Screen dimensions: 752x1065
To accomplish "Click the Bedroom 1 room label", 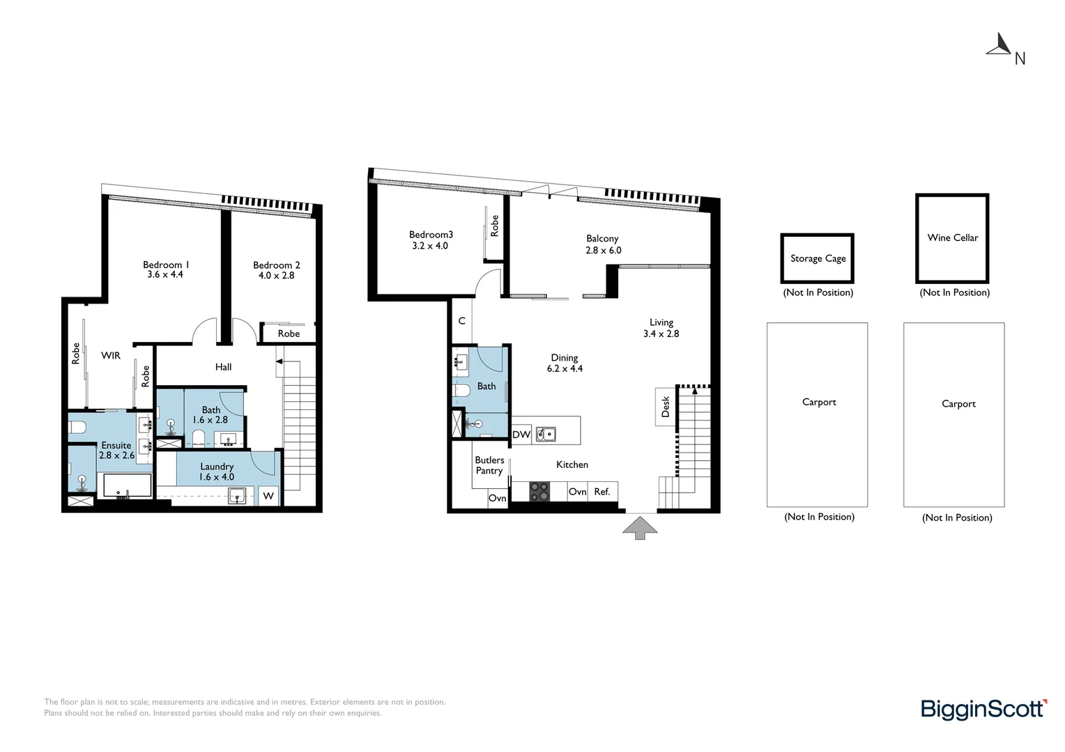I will [166, 265].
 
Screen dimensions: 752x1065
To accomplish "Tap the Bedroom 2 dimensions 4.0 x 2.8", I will [277, 276].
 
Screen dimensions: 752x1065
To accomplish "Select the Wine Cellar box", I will [952, 238].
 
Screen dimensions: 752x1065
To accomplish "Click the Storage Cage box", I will [818, 258].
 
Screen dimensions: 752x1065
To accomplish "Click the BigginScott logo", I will [983, 710].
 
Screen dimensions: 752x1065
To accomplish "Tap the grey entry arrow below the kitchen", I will [640, 527].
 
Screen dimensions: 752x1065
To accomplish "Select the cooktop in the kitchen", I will [539, 492].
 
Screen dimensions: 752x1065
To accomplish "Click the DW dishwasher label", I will [521, 434].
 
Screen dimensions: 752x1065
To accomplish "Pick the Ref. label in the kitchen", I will [602, 492].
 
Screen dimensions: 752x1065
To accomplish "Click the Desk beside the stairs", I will [665, 407].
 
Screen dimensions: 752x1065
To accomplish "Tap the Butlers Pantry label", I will [489, 465].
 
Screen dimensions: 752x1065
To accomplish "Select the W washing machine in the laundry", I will [268, 496].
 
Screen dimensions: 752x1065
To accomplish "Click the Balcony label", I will [602, 239].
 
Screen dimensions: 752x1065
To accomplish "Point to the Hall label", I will [223, 367].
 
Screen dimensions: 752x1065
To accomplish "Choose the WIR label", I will [111, 356].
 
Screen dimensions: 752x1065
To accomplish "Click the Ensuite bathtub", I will [127, 485].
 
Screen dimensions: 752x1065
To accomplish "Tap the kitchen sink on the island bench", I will [546, 434].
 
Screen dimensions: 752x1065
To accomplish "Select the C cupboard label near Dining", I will [461, 321].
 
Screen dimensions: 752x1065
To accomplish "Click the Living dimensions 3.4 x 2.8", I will [661, 334].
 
